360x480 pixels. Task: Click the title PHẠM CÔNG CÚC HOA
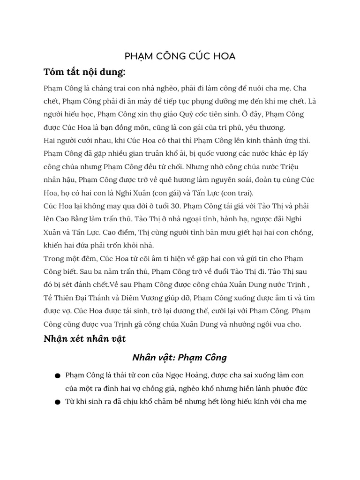[x=180, y=56]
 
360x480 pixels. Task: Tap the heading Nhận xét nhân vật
[x=84, y=338]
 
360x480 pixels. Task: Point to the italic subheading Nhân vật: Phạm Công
[x=180, y=358]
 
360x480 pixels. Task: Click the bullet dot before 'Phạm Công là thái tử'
[x=57, y=376]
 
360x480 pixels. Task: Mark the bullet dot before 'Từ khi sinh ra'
[x=57, y=402]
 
